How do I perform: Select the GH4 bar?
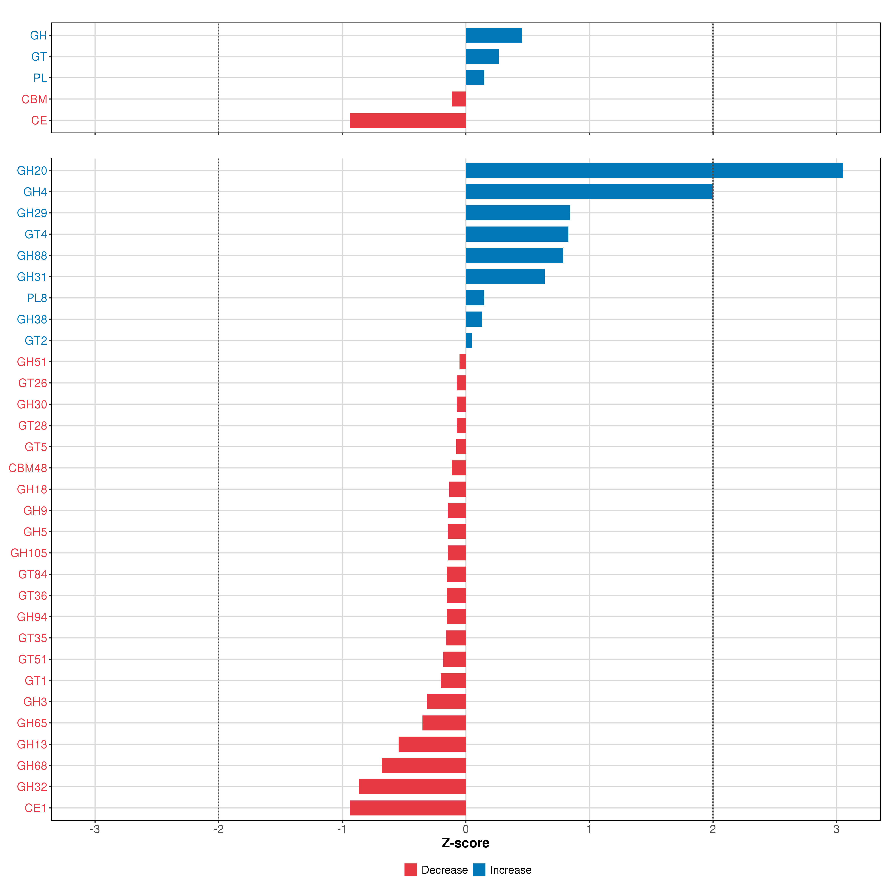(x=589, y=192)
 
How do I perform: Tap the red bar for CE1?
(x=408, y=808)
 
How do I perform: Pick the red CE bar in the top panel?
(x=408, y=120)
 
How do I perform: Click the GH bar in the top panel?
(x=494, y=35)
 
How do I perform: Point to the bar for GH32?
(x=412, y=787)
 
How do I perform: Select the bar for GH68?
(x=424, y=766)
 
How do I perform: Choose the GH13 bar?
(x=432, y=744)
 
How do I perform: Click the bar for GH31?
(x=505, y=277)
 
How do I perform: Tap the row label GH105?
(x=29, y=553)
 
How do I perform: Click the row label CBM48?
(x=28, y=468)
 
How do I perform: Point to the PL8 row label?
(x=37, y=298)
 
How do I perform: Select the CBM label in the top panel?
(x=34, y=99)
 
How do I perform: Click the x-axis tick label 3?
(x=836, y=829)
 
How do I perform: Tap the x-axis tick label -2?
(x=218, y=829)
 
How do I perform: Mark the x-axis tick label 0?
(x=466, y=829)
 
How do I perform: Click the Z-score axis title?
(x=465, y=843)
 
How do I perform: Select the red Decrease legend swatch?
(x=410, y=870)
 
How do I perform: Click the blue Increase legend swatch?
(x=479, y=870)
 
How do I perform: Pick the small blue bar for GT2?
(x=468, y=341)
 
